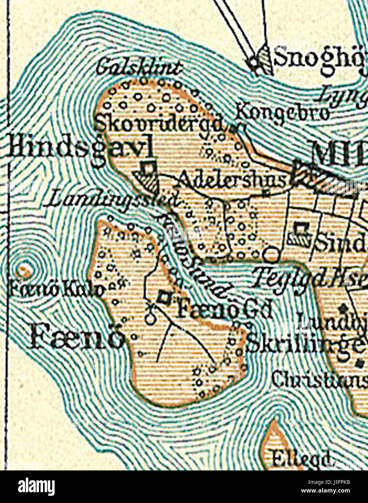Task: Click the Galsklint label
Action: pos(140,68)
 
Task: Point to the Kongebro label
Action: pos(283,112)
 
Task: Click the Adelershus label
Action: pos(232,179)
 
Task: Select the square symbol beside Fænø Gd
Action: pos(164,298)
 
